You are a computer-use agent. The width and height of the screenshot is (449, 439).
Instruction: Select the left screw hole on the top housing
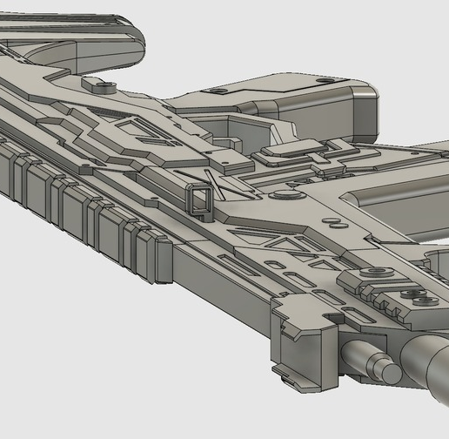218,91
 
